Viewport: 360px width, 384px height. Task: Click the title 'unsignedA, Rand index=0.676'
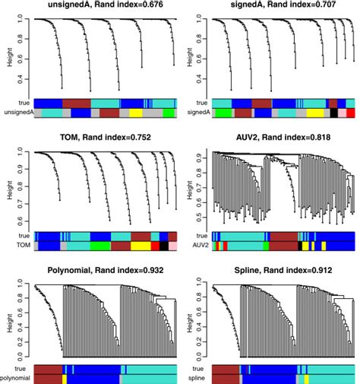pos(98,6)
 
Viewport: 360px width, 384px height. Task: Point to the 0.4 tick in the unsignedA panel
pos(20,78)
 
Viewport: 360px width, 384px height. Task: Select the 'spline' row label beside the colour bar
pos(200,378)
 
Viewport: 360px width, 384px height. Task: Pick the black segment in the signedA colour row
pos(333,113)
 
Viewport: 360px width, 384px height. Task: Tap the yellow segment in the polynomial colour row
pos(65,378)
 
